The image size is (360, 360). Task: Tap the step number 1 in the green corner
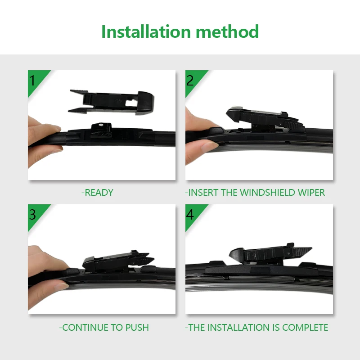[x=32, y=80]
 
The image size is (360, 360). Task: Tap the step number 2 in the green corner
[x=190, y=80]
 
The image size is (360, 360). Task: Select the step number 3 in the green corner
[x=32, y=214]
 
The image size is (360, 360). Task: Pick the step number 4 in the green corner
[x=190, y=214]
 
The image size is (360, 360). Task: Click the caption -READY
[x=98, y=193]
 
